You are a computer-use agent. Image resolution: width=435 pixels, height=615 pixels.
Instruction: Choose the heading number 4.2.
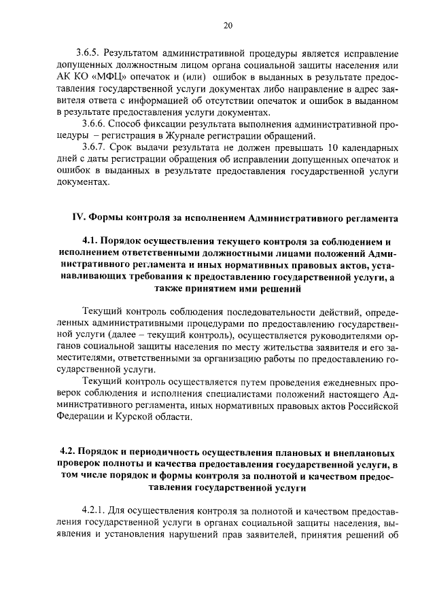point(68,452)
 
